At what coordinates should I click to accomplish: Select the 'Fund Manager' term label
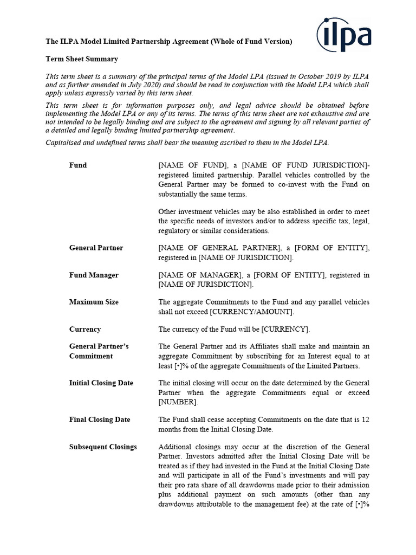[94, 275]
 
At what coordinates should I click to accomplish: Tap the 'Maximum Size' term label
[94, 302]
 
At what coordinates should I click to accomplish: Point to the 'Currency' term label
[85, 329]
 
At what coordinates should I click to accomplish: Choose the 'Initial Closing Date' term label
[101, 383]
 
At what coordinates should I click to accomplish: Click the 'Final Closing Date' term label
[100, 420]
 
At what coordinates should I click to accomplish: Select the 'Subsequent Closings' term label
[103, 447]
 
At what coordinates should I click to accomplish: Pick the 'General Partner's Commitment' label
[99, 351]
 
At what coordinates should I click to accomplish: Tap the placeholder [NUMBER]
[178, 402]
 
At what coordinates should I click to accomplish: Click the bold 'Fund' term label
[78, 165]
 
